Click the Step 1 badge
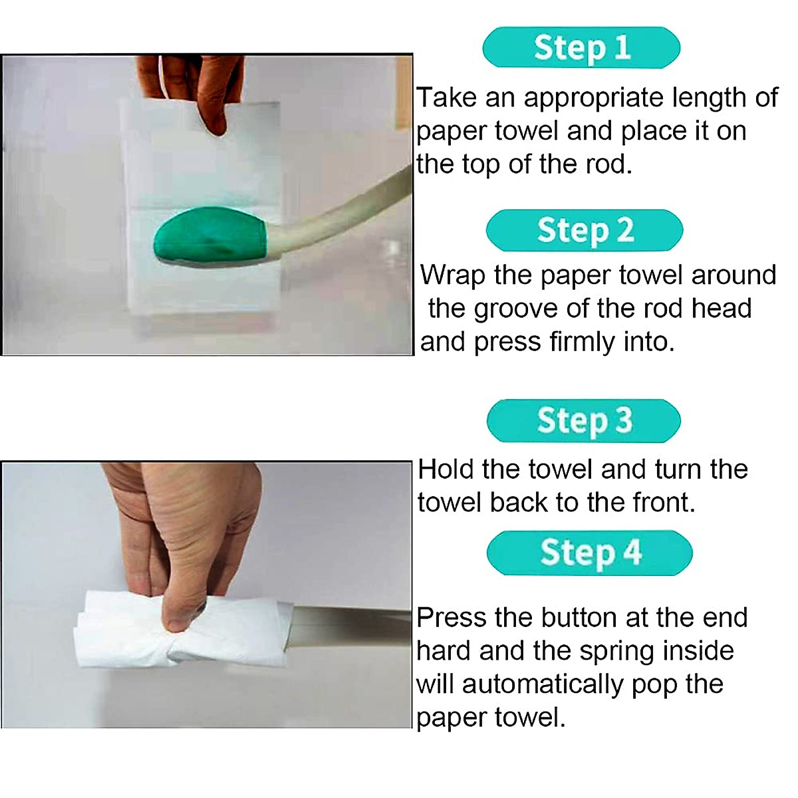pos(581,47)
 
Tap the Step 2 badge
pos(584,230)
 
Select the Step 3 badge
pos(584,421)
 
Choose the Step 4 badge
pos(589,553)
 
